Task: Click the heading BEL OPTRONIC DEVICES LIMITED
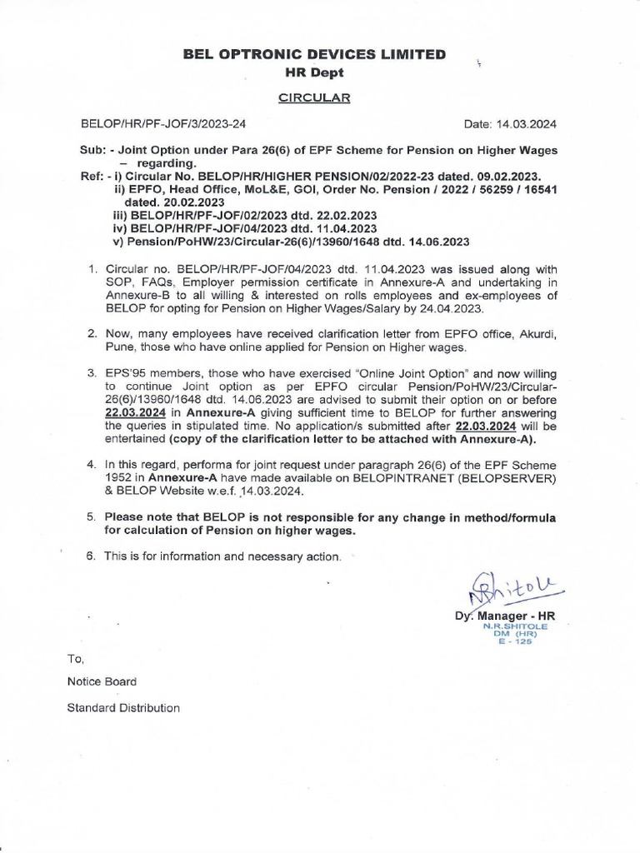point(314,55)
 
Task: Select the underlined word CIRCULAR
point(314,97)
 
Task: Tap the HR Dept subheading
point(314,72)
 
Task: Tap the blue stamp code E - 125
point(511,641)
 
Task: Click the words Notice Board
point(102,681)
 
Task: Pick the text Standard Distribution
point(123,708)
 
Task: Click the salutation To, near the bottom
point(76,658)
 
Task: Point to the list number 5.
point(92,517)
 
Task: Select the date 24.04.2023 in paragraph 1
point(452,308)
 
